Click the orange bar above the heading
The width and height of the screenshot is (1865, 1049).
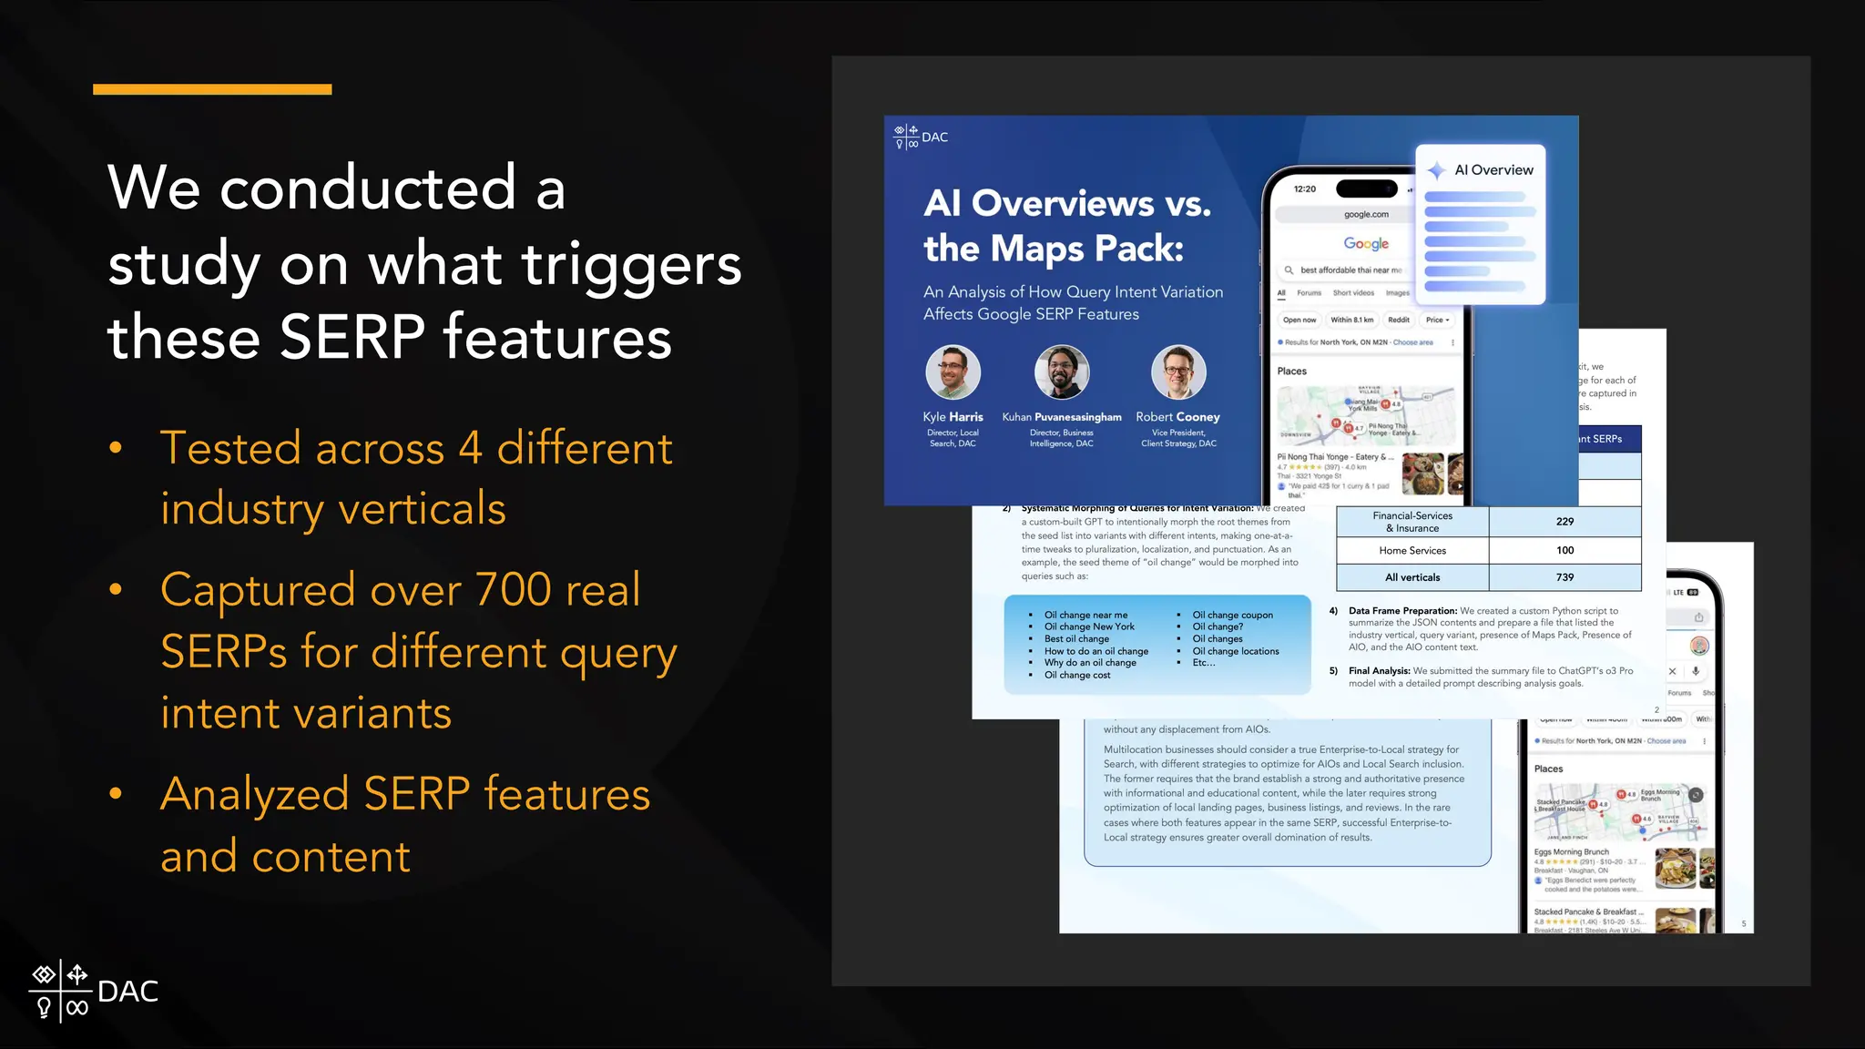pyautogui.click(x=212, y=89)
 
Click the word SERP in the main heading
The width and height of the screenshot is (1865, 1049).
pyautogui.click(x=352, y=338)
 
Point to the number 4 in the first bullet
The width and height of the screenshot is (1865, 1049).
pyautogui.click(x=470, y=449)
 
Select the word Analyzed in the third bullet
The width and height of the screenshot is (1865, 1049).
pyautogui.click(x=254, y=794)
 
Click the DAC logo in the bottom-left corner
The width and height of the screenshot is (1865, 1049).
pyautogui.click(x=93, y=991)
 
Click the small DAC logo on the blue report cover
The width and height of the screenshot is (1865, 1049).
pyautogui.click(x=921, y=137)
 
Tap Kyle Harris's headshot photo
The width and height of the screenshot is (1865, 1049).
pyautogui.click(x=953, y=372)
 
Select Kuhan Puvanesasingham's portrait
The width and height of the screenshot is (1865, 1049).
pyautogui.click(x=1061, y=372)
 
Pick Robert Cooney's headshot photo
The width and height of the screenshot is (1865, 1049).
pyautogui.click(x=1178, y=372)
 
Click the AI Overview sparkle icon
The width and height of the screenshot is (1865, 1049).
pyautogui.click(x=1436, y=170)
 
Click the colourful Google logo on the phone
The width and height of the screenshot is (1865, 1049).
pyautogui.click(x=1366, y=243)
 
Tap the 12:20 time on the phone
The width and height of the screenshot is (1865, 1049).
pyautogui.click(x=1305, y=189)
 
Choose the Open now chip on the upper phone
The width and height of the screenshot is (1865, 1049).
pyautogui.click(x=1299, y=320)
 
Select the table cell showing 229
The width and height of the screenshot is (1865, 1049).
pyautogui.click(x=1564, y=522)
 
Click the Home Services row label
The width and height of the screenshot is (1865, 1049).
pyautogui.click(x=1412, y=551)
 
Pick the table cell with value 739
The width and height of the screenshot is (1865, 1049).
pyautogui.click(x=1564, y=577)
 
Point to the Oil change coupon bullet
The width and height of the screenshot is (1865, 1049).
pyautogui.click(x=1232, y=616)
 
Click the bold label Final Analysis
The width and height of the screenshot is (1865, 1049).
pyautogui.click(x=1379, y=671)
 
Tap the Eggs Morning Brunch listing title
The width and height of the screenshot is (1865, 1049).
pyautogui.click(x=1571, y=852)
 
